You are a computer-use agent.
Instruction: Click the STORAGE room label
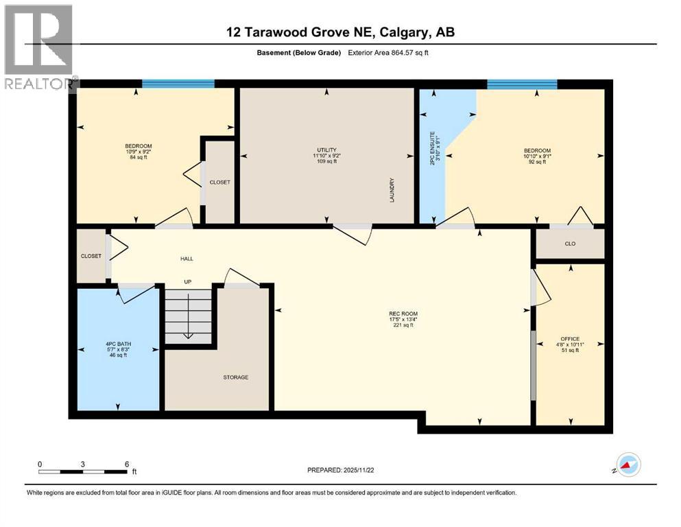[235, 377]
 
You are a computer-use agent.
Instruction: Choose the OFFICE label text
[570, 339]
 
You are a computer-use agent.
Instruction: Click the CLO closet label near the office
[570, 243]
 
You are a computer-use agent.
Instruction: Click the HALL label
[187, 259]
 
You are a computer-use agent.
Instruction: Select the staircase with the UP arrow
[189, 314]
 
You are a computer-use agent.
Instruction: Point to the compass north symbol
[628, 466]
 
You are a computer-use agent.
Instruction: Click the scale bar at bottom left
[83, 471]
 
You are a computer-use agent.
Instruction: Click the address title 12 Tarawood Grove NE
[340, 32]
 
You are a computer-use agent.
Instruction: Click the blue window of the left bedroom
[178, 84]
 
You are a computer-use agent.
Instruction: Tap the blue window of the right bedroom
[522, 84]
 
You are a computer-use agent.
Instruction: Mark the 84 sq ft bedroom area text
[139, 158]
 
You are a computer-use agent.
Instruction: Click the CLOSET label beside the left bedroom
[220, 182]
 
